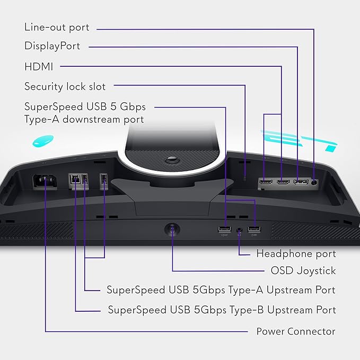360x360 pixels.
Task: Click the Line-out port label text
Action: click(57, 27)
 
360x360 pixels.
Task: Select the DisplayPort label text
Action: click(52, 46)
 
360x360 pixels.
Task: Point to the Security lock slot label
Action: click(65, 86)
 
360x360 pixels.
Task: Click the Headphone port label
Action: click(296, 254)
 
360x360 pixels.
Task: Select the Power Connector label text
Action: click(296, 331)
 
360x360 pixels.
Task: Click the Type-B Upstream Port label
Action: click(222, 310)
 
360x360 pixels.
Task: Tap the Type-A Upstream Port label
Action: click(221, 290)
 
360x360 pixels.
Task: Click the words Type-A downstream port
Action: click(84, 119)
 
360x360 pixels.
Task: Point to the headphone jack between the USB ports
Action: click(240, 231)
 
